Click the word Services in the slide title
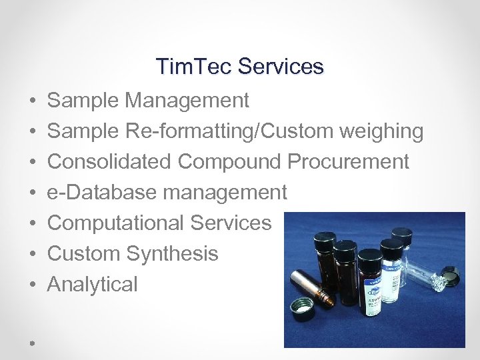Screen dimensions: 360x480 tap(281, 67)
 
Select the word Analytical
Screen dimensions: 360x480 tap(92, 285)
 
